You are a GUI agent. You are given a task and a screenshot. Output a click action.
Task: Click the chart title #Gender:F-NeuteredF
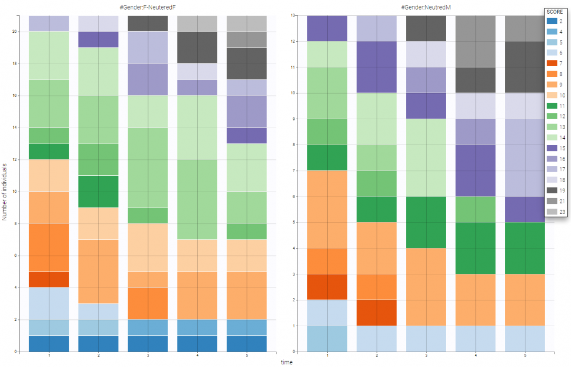pos(148,5)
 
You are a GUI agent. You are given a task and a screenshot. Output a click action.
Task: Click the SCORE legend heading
pos(553,12)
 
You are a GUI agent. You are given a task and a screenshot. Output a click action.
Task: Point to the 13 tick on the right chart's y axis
pos(293,16)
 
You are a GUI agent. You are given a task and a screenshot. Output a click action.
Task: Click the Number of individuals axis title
pos(5,183)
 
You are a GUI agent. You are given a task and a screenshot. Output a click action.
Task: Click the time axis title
pos(286,362)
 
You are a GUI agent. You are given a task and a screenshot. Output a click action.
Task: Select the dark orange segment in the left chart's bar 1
pos(49,280)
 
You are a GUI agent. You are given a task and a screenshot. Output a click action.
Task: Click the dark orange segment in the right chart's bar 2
pos(376,312)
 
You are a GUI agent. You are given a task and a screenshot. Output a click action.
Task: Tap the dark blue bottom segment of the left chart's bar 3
pos(148,343)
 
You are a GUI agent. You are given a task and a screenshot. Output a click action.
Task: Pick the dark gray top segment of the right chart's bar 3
pos(425,28)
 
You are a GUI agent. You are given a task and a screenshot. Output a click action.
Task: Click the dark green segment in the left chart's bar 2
pos(98,191)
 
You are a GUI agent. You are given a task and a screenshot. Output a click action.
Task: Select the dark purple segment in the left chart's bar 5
pos(246,135)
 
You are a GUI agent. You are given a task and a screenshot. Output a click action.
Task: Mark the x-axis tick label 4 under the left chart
pos(197,356)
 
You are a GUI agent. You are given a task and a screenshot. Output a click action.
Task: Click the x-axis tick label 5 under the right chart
pos(524,356)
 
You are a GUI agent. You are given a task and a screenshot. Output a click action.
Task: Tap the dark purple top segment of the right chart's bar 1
pos(327,28)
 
